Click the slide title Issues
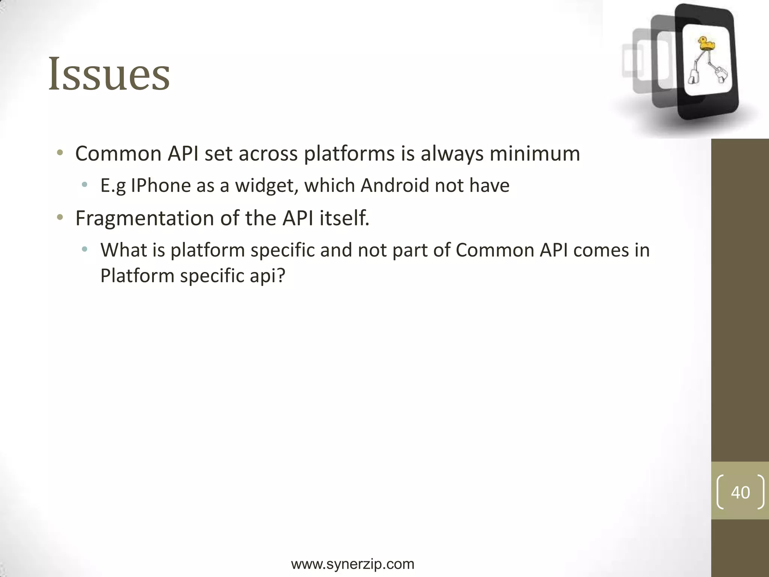(x=109, y=74)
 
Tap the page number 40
(x=740, y=492)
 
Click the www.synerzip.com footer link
(x=353, y=564)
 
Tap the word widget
(x=266, y=186)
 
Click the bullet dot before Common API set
(x=60, y=153)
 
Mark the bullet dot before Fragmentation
(x=60, y=218)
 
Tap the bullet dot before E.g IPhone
(x=85, y=185)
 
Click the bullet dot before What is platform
(x=85, y=249)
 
